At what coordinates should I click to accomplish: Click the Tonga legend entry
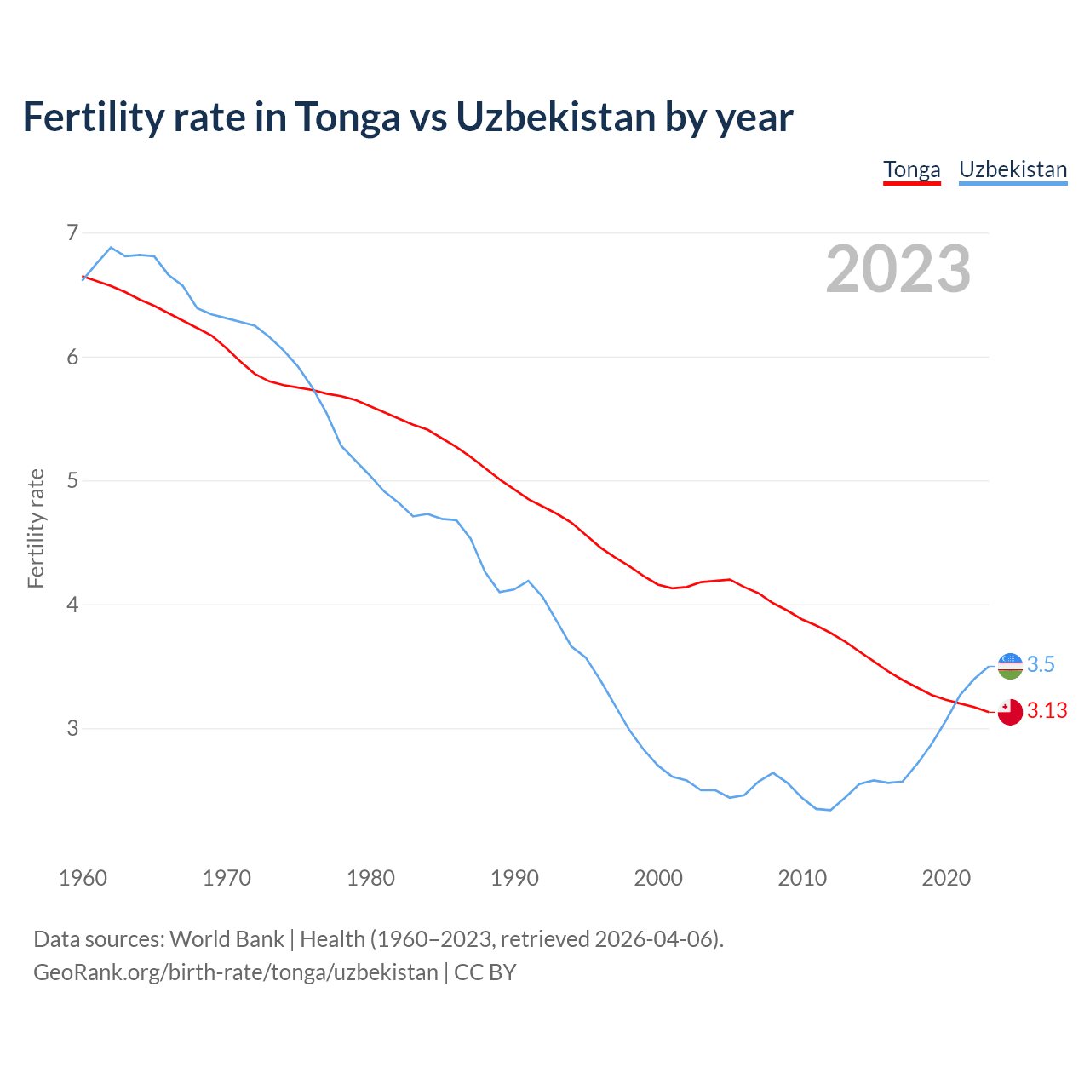(911, 169)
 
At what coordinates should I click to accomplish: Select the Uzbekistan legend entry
(1013, 169)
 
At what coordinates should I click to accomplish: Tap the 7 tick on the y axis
(72, 232)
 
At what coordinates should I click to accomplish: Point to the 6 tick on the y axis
(72, 357)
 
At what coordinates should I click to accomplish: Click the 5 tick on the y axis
(72, 481)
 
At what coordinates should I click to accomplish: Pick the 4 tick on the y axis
(72, 605)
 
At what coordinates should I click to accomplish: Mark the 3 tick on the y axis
(72, 729)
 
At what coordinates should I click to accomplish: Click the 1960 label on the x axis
(83, 878)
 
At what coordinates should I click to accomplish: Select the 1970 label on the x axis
(227, 878)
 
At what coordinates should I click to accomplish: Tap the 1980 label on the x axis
(370, 878)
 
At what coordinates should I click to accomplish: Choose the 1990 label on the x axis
(514, 878)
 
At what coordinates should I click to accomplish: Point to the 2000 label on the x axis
(658, 878)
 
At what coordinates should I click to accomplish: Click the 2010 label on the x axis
(802, 878)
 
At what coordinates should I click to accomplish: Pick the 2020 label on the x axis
(946, 878)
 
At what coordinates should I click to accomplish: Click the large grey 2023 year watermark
(898, 269)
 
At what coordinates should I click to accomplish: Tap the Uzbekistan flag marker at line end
(1010, 666)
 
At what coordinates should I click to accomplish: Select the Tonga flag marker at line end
(1010, 712)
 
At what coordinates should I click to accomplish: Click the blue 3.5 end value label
(1041, 665)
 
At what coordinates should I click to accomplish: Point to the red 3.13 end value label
(1047, 711)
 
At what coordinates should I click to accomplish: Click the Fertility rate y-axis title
(36, 528)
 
